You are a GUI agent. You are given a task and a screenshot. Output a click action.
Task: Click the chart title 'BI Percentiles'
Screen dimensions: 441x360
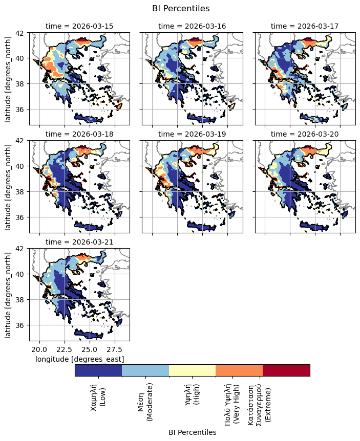[181, 8]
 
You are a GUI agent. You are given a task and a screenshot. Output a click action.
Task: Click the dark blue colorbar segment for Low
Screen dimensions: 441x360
[98, 370]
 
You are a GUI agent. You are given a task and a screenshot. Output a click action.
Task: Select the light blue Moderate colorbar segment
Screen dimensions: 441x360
[145, 370]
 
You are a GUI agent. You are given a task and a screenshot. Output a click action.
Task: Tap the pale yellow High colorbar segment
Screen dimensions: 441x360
[193, 370]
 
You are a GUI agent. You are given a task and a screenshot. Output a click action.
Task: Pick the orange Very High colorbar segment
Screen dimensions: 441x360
[239, 370]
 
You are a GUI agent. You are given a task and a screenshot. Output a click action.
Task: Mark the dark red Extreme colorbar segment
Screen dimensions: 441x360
[286, 370]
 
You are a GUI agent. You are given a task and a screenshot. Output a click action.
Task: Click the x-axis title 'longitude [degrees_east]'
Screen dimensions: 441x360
[79, 359]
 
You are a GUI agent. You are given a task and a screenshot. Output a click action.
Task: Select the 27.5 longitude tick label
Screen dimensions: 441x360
[115, 349]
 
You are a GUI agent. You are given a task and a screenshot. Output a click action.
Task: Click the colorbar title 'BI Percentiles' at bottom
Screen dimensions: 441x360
[192, 432]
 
